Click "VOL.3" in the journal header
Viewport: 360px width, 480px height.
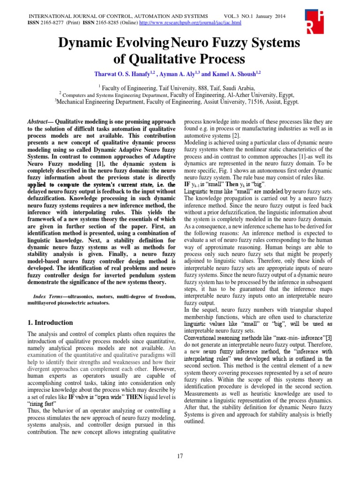point(234,15)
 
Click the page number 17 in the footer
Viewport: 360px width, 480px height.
point(180,456)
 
